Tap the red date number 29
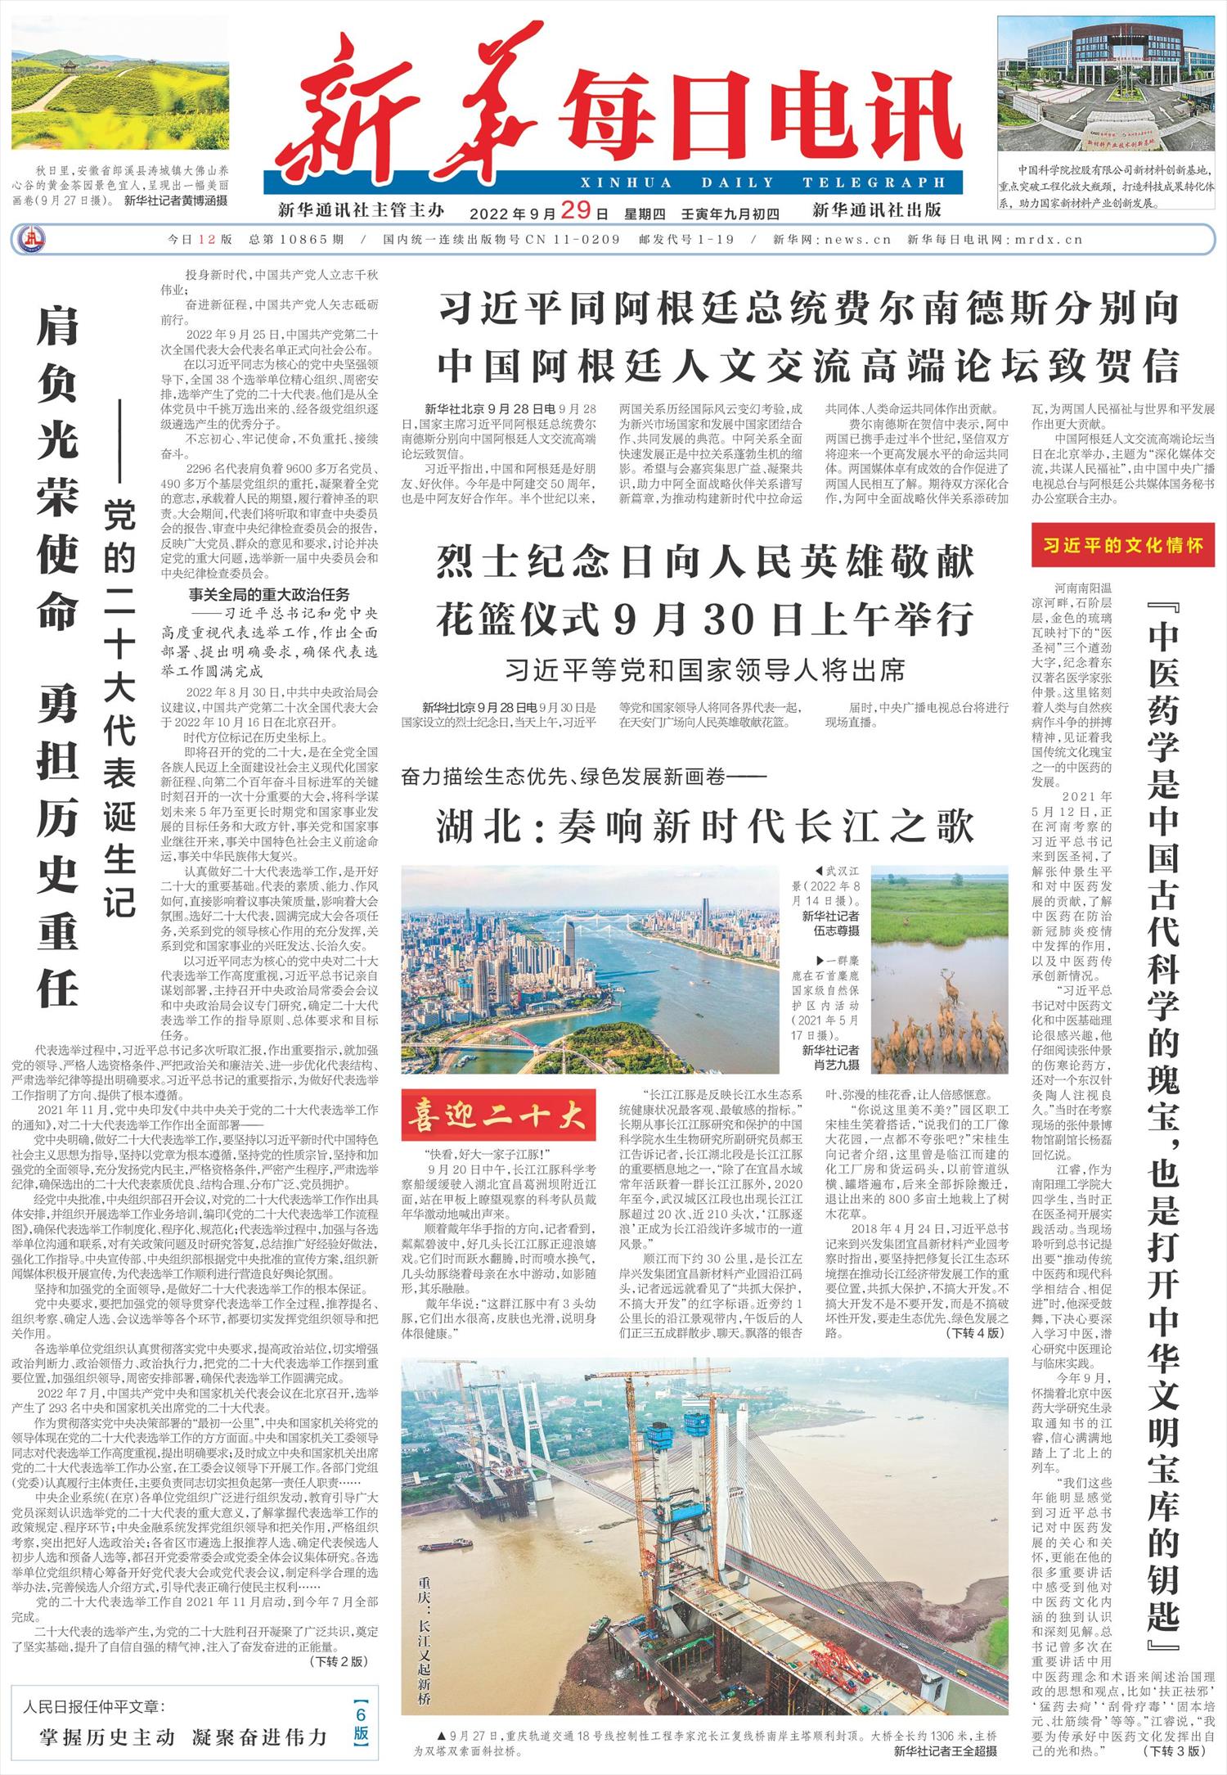576,210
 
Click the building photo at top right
1106,85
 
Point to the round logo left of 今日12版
31,240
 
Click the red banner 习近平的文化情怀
1122,545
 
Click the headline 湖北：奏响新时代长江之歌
704,826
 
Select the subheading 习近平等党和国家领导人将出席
704,670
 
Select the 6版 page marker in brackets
362,1723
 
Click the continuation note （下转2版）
339,1661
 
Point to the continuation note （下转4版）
973,1333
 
